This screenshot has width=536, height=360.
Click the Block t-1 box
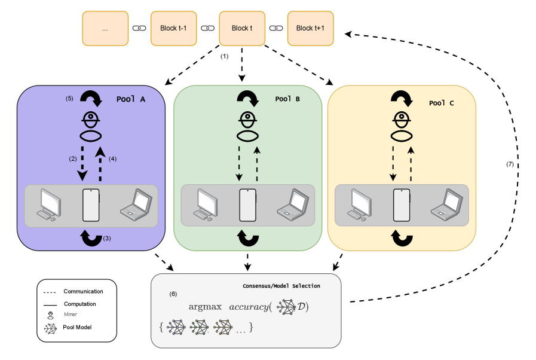point(173,28)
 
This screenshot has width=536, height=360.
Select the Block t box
point(241,28)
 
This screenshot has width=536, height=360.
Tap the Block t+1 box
point(310,28)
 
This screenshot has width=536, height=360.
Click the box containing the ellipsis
point(105,28)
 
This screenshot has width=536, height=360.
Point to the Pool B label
point(287,99)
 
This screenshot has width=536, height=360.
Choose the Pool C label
point(442,103)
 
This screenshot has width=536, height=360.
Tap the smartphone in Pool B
point(247,205)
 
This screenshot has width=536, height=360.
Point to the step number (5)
point(69,99)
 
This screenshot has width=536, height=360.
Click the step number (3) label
point(107,238)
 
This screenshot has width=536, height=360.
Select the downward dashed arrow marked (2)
point(82,161)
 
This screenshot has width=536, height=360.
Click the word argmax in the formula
point(204,307)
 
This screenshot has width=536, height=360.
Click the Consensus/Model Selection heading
point(281,286)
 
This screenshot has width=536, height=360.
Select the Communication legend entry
point(83,292)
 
